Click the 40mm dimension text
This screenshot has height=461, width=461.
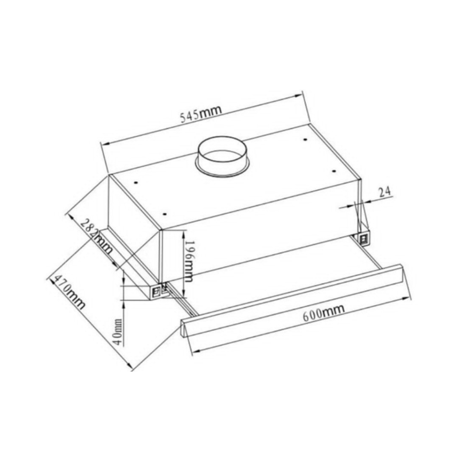118,332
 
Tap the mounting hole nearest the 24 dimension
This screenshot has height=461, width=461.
334,171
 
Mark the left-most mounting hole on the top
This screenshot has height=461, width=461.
136,182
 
